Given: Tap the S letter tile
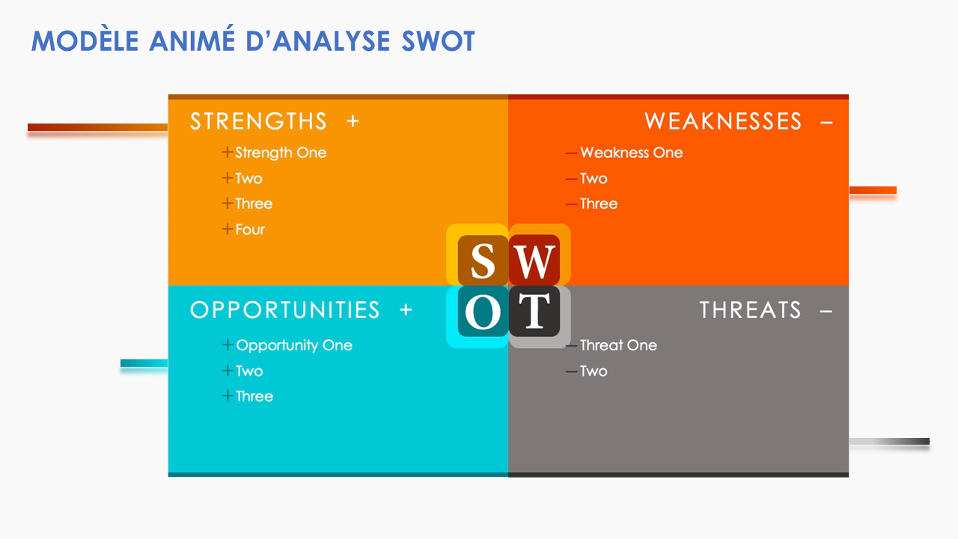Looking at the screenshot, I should point(483,261).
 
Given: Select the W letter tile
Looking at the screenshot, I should point(534,261).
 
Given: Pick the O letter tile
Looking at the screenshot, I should point(483,311).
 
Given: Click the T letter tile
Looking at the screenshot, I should point(534,311).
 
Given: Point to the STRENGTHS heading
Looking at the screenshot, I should point(258,121).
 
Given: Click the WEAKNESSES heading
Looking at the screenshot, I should point(723,121).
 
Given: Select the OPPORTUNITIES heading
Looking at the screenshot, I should point(285,310).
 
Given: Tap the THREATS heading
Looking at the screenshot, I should point(750,310).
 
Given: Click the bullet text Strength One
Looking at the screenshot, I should point(281,153).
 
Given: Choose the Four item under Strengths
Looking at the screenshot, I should point(250,230).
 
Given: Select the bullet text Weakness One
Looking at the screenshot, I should point(631,153).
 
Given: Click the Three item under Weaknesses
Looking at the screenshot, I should point(599,204).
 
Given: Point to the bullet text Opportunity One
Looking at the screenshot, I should point(294,345).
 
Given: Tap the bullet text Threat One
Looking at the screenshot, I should point(618,345).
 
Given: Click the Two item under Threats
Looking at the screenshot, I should point(594,371).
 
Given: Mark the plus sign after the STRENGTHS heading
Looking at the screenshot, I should point(353,121).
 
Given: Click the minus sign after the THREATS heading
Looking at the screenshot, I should point(826,310).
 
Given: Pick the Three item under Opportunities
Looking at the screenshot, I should point(254,397).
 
